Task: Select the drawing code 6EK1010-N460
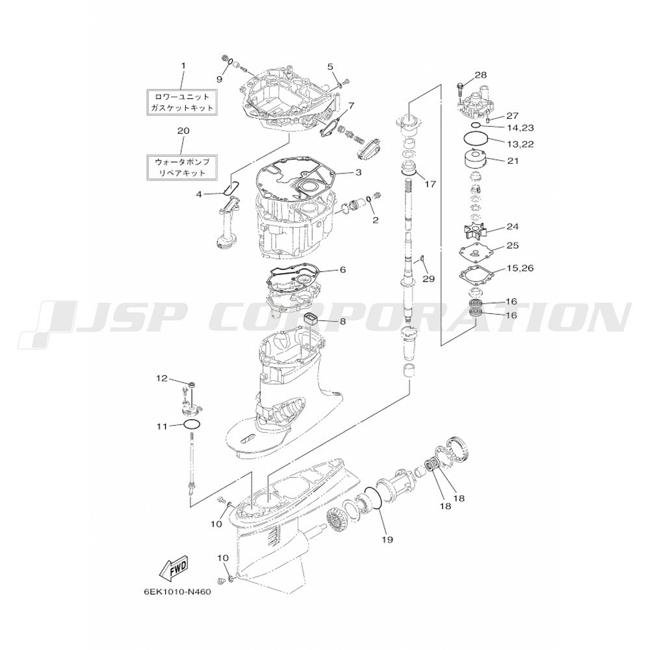coord(177,592)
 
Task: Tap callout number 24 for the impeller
coord(512,227)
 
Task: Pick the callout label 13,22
coord(520,144)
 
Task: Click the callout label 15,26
coord(520,268)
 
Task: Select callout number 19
coord(387,539)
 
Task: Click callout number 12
coord(162,378)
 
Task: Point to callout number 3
coord(357,172)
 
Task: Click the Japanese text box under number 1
coord(183,102)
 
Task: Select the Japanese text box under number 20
coord(183,168)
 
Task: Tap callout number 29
coord(428,279)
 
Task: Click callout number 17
coord(430,184)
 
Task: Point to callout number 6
coord(343,270)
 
